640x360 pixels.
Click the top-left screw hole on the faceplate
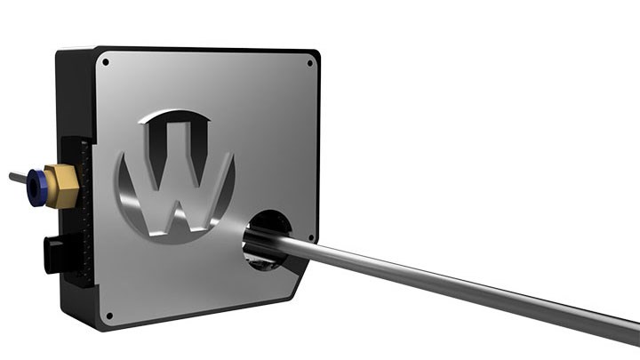(x=106, y=63)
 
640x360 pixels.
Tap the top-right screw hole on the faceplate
(x=309, y=63)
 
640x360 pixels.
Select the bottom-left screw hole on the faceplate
(x=109, y=315)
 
